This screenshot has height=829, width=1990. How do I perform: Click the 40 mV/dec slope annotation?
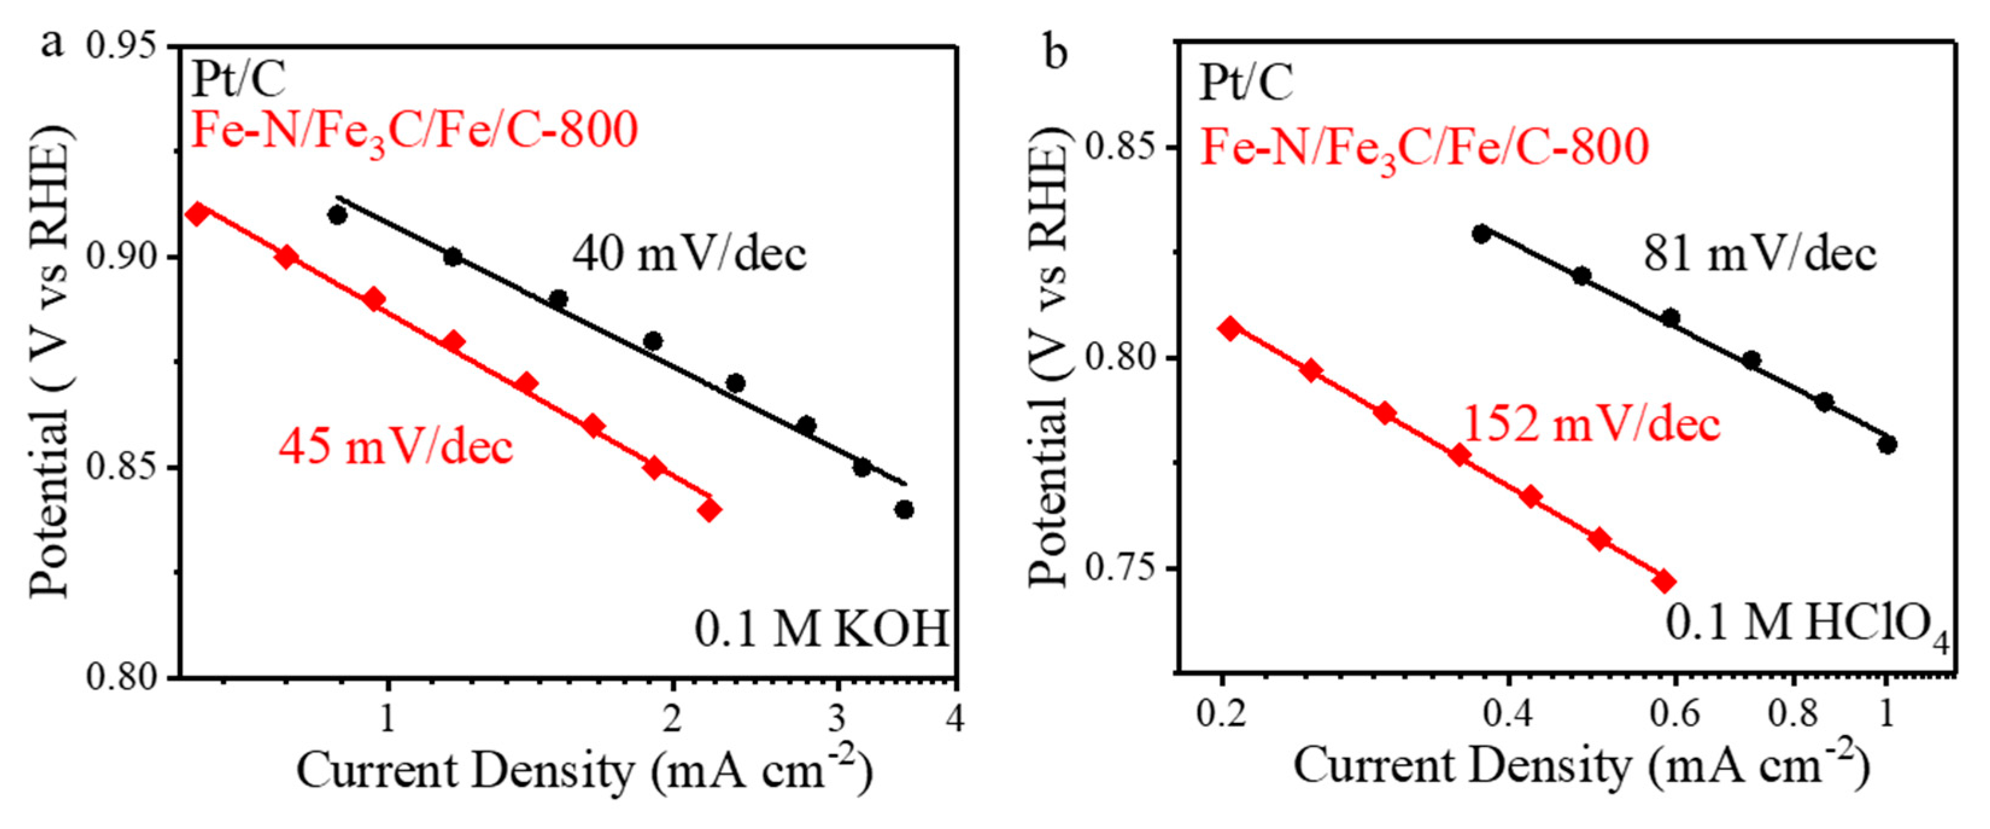(x=689, y=254)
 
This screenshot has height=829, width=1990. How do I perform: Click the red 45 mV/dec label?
(x=395, y=447)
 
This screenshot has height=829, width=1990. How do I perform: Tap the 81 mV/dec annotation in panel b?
(x=1760, y=254)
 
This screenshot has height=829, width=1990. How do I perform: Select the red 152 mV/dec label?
(x=1592, y=424)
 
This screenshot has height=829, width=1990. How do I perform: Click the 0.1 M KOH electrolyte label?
(x=821, y=629)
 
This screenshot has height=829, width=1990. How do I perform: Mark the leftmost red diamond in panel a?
(x=198, y=214)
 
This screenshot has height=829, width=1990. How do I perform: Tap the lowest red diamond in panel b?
(x=1664, y=582)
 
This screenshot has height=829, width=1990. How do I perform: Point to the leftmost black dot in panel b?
(x=1481, y=234)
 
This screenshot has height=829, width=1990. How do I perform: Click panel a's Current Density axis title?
(x=585, y=771)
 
